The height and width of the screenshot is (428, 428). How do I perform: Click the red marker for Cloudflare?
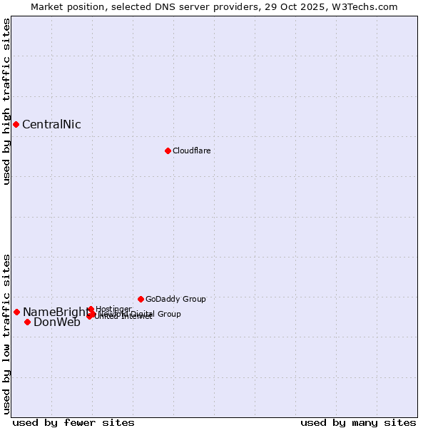click(168, 151)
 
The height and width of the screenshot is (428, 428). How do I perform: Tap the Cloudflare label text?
click(191, 151)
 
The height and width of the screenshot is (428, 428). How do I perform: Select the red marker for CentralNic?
click(16, 124)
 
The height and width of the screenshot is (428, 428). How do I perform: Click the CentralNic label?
click(51, 125)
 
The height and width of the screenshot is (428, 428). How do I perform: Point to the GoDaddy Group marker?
click(141, 299)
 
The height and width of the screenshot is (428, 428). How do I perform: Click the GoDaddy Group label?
click(175, 299)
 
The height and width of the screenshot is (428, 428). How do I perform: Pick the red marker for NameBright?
click(16, 312)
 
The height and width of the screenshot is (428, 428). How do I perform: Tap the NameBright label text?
click(56, 312)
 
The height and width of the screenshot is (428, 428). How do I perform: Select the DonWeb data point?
click(27, 322)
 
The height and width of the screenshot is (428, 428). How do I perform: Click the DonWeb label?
click(57, 322)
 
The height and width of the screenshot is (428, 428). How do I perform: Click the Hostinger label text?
click(113, 309)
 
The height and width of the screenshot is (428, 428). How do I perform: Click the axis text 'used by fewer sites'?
click(73, 422)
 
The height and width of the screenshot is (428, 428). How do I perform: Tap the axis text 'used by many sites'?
click(358, 422)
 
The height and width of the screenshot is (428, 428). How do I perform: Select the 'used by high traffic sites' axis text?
click(6, 102)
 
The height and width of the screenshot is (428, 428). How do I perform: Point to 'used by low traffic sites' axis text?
click(6, 333)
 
